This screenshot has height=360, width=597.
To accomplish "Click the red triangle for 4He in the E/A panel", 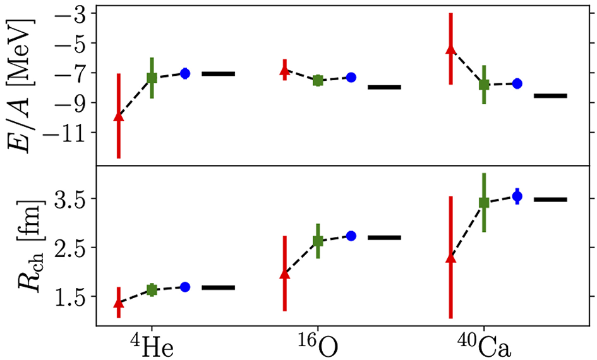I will click(118, 116).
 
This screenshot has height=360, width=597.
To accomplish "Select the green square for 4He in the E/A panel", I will click(152, 78).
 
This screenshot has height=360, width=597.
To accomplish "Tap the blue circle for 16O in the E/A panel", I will click(351, 77).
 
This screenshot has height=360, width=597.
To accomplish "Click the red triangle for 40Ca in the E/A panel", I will click(450, 49).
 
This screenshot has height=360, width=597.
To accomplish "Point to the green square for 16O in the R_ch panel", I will click(318, 241).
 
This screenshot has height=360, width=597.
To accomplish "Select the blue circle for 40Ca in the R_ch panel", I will click(517, 196).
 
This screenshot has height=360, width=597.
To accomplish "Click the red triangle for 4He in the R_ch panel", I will click(118, 303).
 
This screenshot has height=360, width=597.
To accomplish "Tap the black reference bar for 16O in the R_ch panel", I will click(384, 237).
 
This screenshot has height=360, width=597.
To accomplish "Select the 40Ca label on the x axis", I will click(483, 345).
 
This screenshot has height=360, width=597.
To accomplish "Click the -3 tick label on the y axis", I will click(78, 13).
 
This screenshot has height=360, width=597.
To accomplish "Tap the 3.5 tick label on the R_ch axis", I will click(74, 198).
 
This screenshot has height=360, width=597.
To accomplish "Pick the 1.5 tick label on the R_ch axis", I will click(74, 296).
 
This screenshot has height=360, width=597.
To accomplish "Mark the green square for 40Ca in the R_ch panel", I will click(484, 203).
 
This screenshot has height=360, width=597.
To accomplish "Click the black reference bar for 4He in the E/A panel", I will click(218, 74).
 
